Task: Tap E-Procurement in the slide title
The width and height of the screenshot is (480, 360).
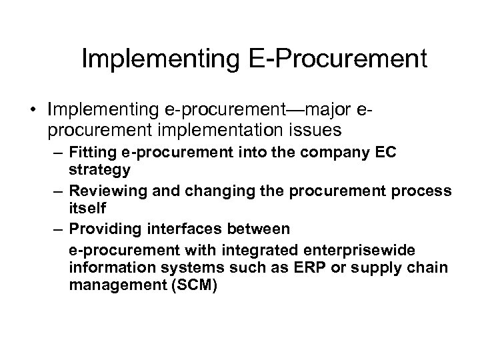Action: coord(340,59)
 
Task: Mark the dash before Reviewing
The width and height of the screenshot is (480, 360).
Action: coord(59,191)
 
